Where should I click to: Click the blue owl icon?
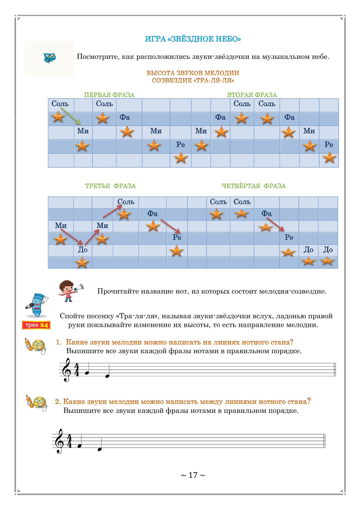click(49, 57)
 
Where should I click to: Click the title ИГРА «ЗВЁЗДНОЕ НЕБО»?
click(193, 39)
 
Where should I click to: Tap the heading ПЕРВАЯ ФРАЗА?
click(109, 95)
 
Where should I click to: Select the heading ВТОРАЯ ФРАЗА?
click(252, 95)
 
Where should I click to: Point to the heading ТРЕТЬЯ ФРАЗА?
click(110, 186)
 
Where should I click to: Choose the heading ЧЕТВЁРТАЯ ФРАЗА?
click(254, 186)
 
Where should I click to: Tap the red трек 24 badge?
click(36, 325)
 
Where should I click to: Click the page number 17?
click(193, 475)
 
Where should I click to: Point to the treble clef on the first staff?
click(66, 370)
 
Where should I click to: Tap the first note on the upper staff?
click(87, 373)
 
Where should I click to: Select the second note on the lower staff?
click(99, 449)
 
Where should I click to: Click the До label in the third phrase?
click(83, 250)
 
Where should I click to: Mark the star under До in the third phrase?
click(82, 263)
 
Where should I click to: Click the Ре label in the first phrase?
click(181, 145)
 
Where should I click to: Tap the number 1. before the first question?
click(59, 342)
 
